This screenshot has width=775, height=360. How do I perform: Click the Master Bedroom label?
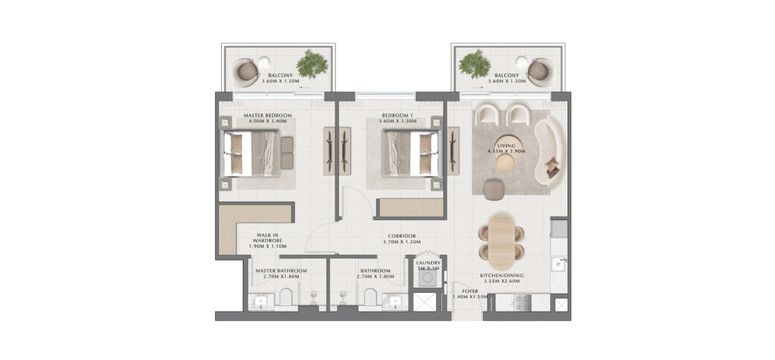click(268, 115)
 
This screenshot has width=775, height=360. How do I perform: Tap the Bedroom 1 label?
click(398, 115)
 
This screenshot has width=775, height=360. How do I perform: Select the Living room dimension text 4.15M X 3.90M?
click(506, 151)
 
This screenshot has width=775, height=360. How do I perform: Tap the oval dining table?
click(501, 242)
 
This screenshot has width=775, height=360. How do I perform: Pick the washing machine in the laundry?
click(427, 278)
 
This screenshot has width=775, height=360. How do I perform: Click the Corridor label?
click(402, 236)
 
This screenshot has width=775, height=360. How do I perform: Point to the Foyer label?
click(470, 291)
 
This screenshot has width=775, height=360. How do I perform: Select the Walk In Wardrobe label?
click(268, 238)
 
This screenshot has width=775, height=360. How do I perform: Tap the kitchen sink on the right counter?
click(559, 265)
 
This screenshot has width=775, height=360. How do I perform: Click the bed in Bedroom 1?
click(410, 153)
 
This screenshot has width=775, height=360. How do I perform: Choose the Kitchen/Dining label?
click(502, 276)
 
